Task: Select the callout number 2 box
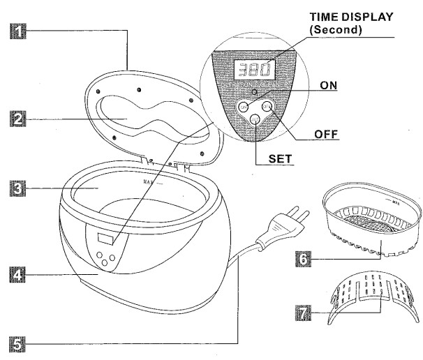(15, 119)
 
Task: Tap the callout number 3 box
(15, 188)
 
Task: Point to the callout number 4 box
(15, 277)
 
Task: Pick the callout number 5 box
(15, 343)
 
